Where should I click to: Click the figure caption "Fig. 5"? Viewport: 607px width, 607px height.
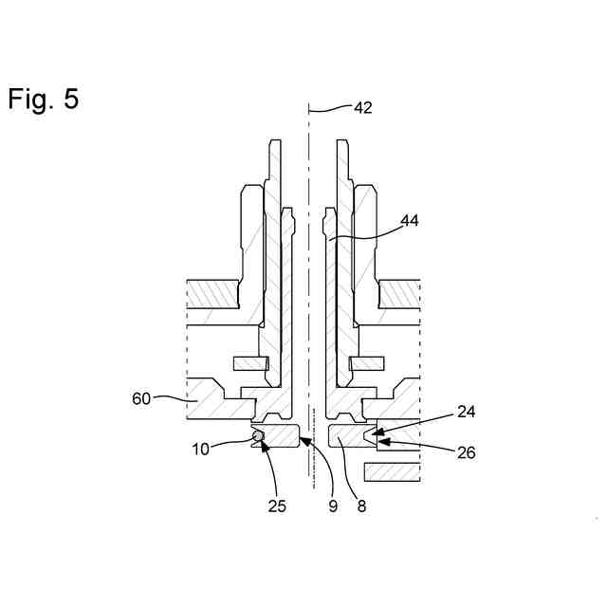[44, 99]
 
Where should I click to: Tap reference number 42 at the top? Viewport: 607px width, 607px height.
[362, 108]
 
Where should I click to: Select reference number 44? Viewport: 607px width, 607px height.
[410, 220]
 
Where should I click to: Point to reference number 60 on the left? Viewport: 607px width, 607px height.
[140, 398]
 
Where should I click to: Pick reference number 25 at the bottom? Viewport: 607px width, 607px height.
[276, 506]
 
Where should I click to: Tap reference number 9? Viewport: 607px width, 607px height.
[333, 506]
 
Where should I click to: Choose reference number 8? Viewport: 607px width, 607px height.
[361, 506]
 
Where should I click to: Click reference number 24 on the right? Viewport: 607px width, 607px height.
[466, 412]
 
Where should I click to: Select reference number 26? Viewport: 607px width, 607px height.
[466, 452]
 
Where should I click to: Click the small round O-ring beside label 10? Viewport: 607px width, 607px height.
[257, 436]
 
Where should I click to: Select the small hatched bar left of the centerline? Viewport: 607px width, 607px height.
[251, 363]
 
